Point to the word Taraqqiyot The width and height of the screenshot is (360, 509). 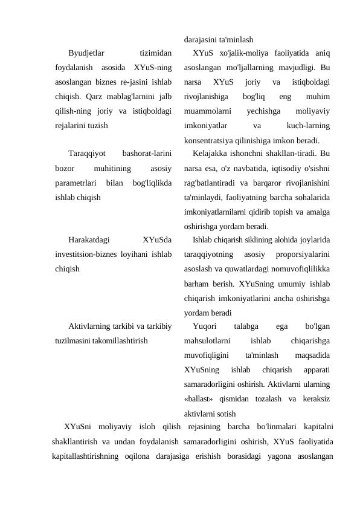(x=88, y=153)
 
